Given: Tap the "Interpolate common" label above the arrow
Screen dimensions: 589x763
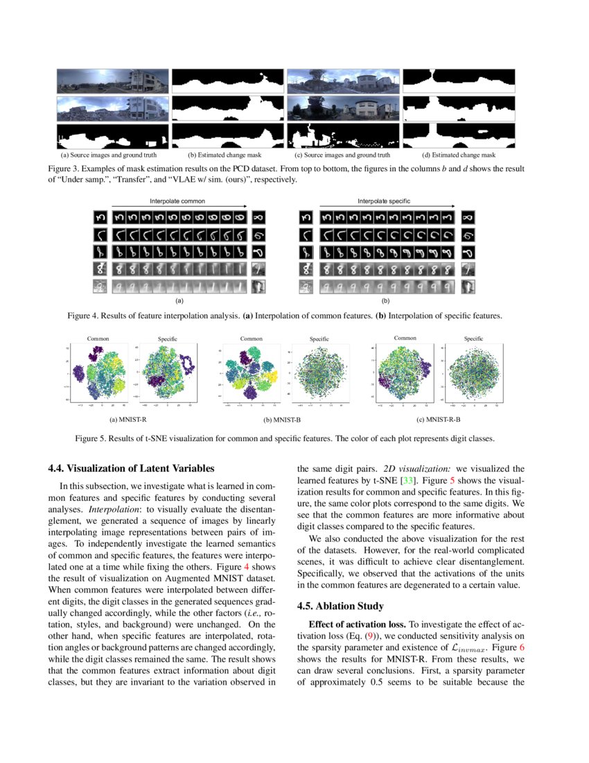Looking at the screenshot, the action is [x=173, y=201].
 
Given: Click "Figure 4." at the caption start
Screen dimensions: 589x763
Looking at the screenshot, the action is [x=82, y=316].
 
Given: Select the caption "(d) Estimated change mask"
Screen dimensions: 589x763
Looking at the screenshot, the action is [x=458, y=155].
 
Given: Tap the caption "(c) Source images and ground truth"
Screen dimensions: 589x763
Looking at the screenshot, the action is [x=343, y=155].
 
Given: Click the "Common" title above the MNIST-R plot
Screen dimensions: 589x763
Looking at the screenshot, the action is [x=98, y=338].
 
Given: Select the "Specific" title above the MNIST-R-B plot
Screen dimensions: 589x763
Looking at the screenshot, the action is [x=473, y=338].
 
